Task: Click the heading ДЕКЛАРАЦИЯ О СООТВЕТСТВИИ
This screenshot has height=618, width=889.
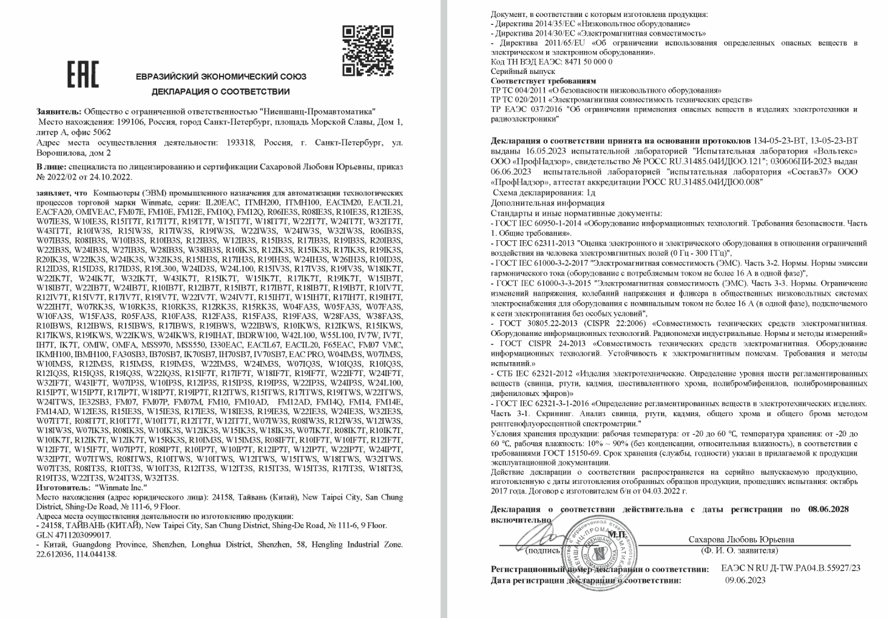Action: pos(220,92)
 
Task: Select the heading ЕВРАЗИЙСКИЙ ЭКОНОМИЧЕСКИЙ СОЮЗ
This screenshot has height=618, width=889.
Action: pos(221,76)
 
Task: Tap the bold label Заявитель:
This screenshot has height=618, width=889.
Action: pos(58,112)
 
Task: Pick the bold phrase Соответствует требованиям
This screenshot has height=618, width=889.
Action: pos(543,81)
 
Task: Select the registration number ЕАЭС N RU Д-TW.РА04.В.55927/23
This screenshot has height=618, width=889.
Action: pos(791,568)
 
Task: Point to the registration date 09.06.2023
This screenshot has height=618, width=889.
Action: pos(745,580)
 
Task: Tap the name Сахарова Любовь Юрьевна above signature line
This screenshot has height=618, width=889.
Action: pos(741,539)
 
